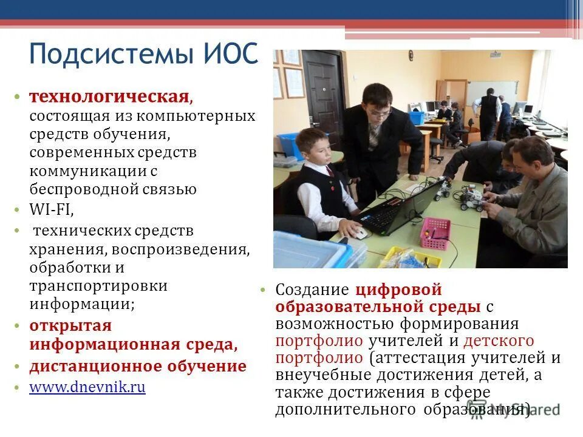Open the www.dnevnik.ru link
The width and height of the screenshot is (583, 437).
(87, 387)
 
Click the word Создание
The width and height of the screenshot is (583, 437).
(312, 290)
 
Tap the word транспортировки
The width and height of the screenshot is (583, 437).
(98, 285)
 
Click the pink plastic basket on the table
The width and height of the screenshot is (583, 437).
(435, 233)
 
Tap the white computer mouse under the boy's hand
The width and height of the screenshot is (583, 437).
(360, 232)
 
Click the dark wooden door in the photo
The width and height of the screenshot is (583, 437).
(324, 97)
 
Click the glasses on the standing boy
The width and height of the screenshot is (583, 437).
(378, 113)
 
